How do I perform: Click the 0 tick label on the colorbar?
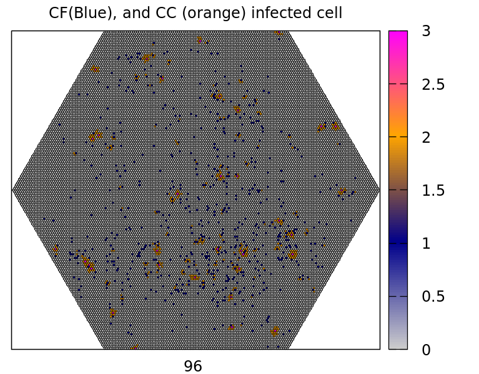[426, 350]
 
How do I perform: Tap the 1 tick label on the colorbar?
[426, 243]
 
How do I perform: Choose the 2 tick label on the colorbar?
[426, 137]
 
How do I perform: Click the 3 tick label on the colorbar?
[426, 31]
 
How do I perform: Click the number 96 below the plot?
[193, 367]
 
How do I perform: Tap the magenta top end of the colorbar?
[398, 34]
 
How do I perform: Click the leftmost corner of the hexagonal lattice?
[13, 189]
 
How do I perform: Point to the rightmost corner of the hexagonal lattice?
[379, 189]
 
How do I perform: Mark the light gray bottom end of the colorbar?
[398, 345]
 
